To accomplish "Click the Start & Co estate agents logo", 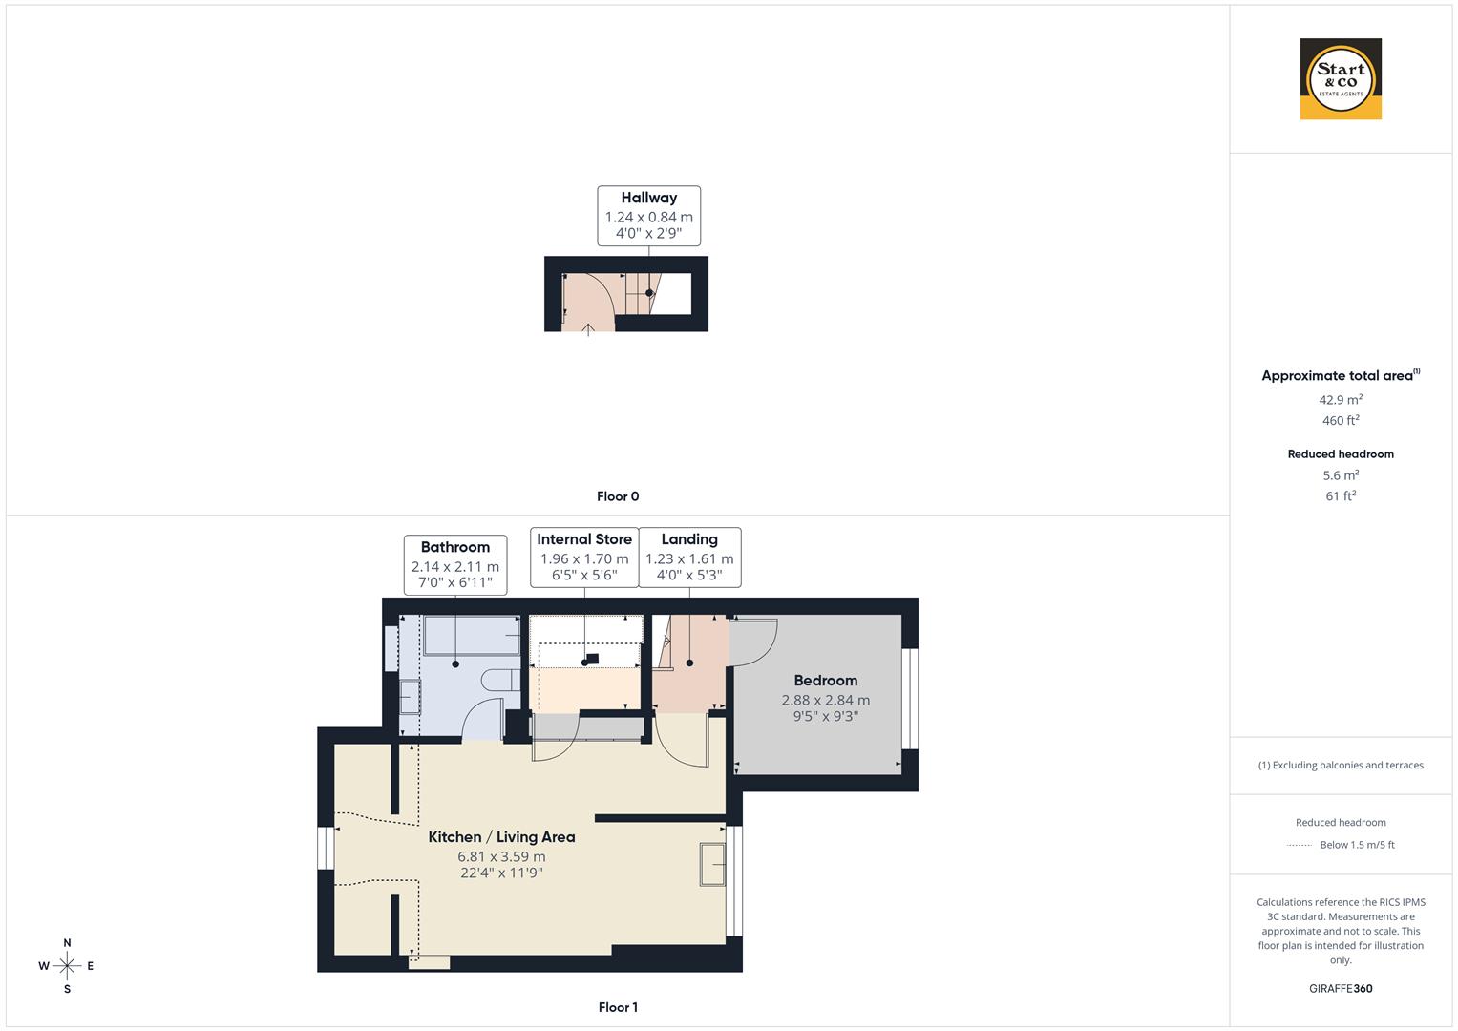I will [1341, 79].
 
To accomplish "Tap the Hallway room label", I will [648, 198].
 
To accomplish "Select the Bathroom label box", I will [454, 563].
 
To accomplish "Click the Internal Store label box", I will [584, 557].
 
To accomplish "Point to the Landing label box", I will [689, 557].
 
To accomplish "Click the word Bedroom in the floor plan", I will [825, 681].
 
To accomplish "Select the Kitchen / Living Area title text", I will [501, 837].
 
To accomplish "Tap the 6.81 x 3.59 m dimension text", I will [501, 856].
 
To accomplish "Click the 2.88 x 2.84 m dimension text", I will [825, 700].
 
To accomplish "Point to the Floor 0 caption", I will [618, 496].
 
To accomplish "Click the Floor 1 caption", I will [618, 1007].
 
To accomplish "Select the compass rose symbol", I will [67, 966].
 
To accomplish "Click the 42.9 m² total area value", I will [1341, 400].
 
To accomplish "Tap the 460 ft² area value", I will [1341, 420].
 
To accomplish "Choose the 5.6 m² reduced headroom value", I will [1341, 474].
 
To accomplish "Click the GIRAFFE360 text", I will [1341, 988].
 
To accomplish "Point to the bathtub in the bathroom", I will [472, 635].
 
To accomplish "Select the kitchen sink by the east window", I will [712, 865].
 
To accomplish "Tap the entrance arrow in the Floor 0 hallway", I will [589, 329].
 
